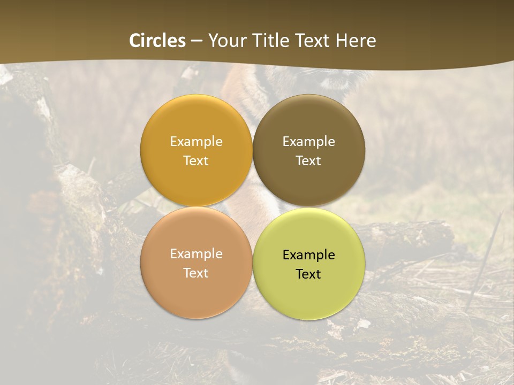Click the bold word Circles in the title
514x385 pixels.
tap(157, 41)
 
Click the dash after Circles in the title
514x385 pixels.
tap(196, 41)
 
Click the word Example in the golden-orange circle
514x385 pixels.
tap(196, 142)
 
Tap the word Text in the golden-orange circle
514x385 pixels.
tap(196, 161)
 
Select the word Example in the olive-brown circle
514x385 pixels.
tap(308, 142)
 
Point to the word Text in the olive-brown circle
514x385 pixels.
tap(308, 161)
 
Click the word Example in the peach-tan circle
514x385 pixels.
tap(196, 254)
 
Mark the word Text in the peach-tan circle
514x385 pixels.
tap(196, 273)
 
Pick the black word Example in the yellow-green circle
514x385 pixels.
tap(308, 255)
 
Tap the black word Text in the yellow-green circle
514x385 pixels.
tap(308, 274)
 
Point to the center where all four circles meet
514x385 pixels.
tap(253, 207)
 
